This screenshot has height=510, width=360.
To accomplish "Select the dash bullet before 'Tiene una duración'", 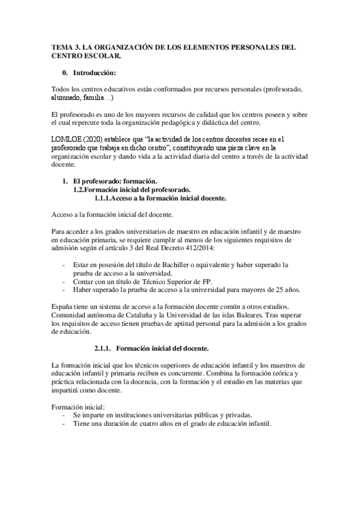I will [64, 423].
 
